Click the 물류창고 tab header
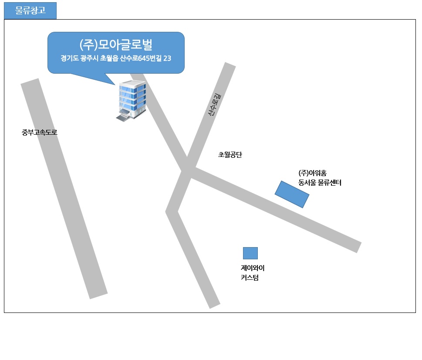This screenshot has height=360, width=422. [x=30, y=10]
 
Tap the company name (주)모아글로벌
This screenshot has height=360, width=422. [x=116, y=45]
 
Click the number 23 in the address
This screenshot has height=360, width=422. [x=167, y=58]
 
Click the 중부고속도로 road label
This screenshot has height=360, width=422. [x=40, y=132]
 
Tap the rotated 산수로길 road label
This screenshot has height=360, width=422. [x=215, y=105]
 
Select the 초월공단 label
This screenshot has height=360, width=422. [x=230, y=155]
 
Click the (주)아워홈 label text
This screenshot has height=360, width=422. [x=312, y=173]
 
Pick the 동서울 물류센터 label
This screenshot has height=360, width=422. [x=320, y=183]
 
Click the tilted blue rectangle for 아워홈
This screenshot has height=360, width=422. [x=292, y=194]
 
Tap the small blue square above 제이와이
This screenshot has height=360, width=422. [x=250, y=253]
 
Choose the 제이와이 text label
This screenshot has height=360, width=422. [x=253, y=268]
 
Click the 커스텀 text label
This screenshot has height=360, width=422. [x=250, y=278]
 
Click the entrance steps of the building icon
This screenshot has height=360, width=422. [x=123, y=118]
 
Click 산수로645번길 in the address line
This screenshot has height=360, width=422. [x=141, y=58]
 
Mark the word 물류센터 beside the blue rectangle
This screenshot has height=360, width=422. [x=330, y=183]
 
